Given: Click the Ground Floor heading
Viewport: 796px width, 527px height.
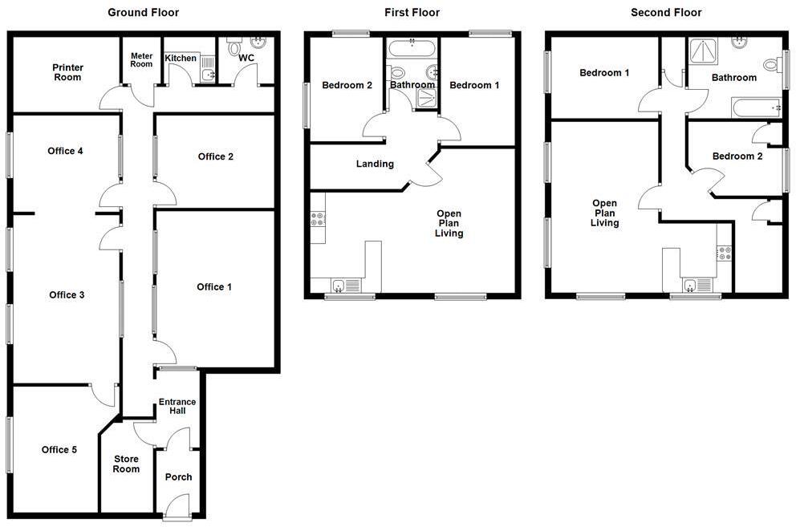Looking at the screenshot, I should click(x=143, y=12).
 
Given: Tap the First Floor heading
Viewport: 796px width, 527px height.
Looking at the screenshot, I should click(x=412, y=12).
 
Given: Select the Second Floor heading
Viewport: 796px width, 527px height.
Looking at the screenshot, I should click(x=666, y=12).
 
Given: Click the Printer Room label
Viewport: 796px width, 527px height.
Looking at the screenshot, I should click(x=67, y=72).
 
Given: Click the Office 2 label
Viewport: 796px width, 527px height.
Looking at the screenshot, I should click(x=216, y=156).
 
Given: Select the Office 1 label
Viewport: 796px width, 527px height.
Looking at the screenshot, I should click(x=215, y=286).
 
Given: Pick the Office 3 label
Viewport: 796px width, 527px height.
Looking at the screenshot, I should click(x=67, y=295).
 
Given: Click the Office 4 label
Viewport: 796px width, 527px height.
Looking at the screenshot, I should click(x=65, y=151).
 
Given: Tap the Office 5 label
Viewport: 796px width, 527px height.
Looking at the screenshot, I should click(x=59, y=450).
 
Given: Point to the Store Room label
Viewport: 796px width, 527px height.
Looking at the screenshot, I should click(x=126, y=464).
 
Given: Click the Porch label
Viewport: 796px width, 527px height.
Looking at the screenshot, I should click(x=178, y=477).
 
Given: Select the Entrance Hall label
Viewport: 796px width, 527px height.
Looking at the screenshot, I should click(x=177, y=407).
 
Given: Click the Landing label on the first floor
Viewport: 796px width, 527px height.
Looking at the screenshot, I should click(x=375, y=164).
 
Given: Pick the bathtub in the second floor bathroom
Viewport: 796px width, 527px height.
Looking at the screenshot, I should click(x=755, y=106).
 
